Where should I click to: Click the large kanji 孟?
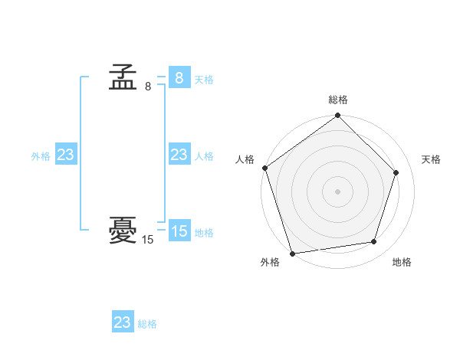(x=123, y=78)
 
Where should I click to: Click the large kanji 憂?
(x=123, y=231)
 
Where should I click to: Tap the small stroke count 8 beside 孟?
(x=148, y=87)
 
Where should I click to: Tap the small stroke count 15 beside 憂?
(x=148, y=240)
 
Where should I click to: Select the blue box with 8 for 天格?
(x=179, y=77)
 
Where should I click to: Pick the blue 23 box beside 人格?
(x=179, y=155)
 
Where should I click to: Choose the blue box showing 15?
(x=179, y=231)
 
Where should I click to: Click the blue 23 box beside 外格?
(x=65, y=155)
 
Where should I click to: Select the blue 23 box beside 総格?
(x=123, y=322)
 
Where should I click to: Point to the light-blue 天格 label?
(x=204, y=80)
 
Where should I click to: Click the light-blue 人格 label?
(x=204, y=156)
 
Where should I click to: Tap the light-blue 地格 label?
(x=204, y=233)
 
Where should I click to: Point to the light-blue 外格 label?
(x=41, y=156)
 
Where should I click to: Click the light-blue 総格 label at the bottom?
(x=147, y=324)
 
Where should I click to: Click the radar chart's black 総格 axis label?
(x=338, y=100)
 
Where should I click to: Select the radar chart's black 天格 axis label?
(x=432, y=159)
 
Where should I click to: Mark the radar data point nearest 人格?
(x=265, y=168)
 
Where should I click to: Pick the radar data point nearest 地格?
(x=374, y=242)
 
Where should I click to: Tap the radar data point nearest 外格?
(x=293, y=253)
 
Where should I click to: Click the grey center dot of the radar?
(x=337, y=191)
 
